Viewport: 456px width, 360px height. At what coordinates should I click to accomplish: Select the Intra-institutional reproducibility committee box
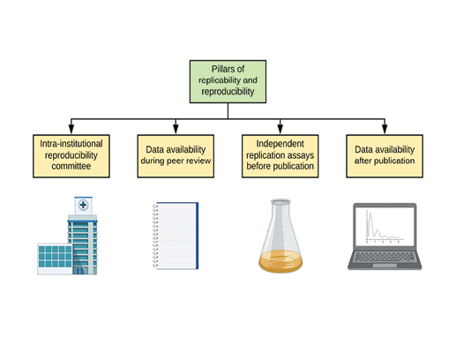(x=71, y=152)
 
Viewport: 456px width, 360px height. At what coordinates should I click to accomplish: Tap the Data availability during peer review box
(x=176, y=152)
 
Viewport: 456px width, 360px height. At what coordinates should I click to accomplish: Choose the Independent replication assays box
(x=280, y=152)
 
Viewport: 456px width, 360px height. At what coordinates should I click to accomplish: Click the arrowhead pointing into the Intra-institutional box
(x=71, y=127)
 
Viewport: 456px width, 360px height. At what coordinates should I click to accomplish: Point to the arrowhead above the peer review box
(x=176, y=127)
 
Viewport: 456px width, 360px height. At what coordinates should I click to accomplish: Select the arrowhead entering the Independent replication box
(x=280, y=127)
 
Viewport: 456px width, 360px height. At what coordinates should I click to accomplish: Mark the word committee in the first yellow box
(x=71, y=165)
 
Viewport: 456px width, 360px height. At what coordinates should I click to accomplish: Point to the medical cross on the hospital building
(x=83, y=205)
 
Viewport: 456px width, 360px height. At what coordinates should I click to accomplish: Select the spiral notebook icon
(x=175, y=236)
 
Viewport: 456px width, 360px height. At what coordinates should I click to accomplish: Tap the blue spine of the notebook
(x=196, y=236)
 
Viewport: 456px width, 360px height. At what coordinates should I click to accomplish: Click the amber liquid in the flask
(x=280, y=261)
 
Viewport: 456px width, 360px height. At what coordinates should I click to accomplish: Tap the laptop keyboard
(x=384, y=260)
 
